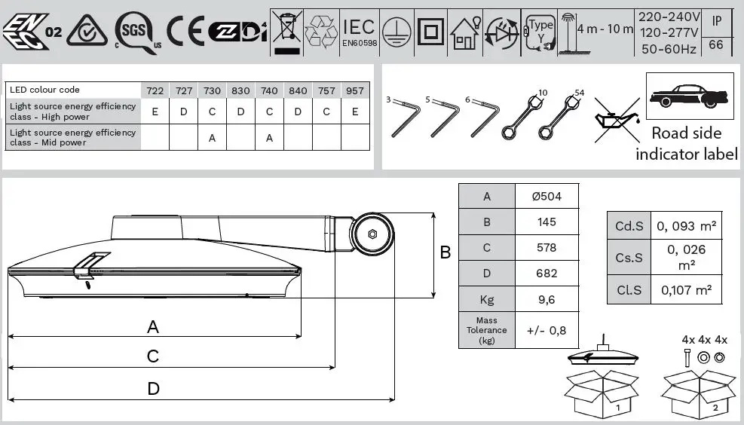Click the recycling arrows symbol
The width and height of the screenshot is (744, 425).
pos(322,31)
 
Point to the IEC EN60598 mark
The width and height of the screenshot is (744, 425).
pos(360,32)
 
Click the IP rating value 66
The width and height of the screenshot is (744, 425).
pos(716,45)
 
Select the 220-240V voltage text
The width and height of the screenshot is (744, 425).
pos(669,17)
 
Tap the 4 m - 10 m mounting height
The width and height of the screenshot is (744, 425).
pos(605,29)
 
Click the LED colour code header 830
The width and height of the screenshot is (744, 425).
pos(241,90)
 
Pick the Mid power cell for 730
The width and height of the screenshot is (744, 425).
pos(213,138)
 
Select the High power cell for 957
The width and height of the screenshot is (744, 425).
pos(356,112)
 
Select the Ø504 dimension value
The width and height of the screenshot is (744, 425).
pos(547,197)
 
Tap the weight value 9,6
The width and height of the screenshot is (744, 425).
pos(547,298)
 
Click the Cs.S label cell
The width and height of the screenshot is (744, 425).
pos(629,258)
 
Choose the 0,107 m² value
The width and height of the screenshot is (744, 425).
pos(686,290)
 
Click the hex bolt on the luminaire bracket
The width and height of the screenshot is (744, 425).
pos(372,234)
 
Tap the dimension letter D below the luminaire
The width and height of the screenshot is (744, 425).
pos(153,389)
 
